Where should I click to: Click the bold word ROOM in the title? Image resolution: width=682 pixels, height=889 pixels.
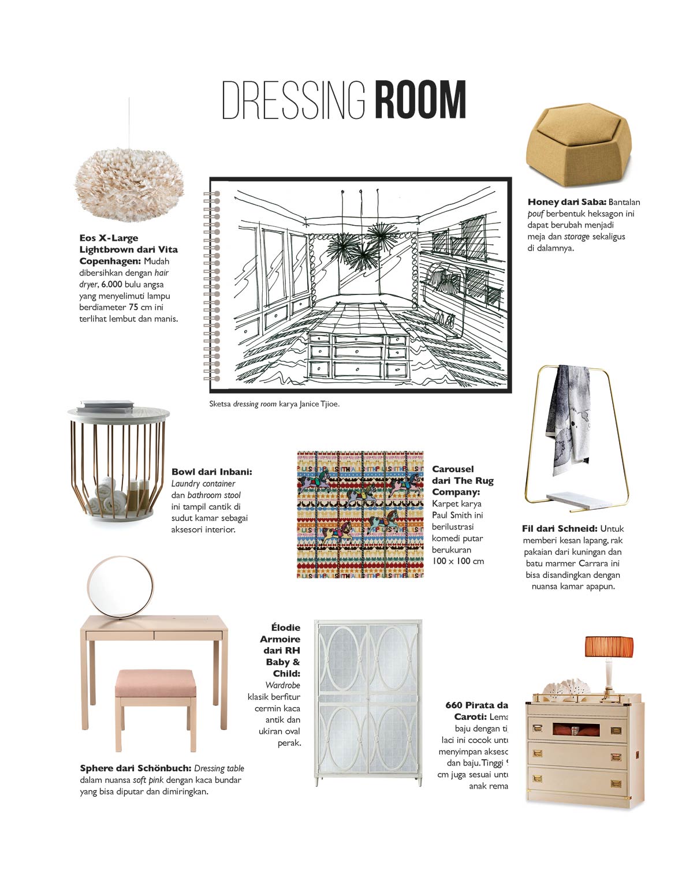coord(420,100)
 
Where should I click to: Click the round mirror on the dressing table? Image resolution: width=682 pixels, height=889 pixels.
coord(121,586)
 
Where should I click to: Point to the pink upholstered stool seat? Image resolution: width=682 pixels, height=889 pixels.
coord(155,683)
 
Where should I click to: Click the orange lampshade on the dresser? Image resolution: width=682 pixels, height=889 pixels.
coord(609,647)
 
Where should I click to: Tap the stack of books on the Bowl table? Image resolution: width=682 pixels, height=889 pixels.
coord(106,406)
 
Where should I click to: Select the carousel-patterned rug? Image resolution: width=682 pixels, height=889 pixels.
coord(360,514)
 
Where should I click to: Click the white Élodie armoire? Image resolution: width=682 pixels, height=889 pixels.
coord(368,702)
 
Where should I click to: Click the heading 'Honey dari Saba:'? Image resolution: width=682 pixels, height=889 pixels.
coord(566,202)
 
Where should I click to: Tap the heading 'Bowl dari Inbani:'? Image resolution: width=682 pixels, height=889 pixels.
coord(211,472)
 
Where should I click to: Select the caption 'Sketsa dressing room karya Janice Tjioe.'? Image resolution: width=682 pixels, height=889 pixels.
coord(274,404)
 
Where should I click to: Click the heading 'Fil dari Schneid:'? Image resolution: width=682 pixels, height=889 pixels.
coord(560,529)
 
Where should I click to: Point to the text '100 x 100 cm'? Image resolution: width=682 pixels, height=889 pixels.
coord(458,561)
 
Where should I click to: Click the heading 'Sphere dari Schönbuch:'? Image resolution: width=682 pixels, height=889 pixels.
coord(135,768)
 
